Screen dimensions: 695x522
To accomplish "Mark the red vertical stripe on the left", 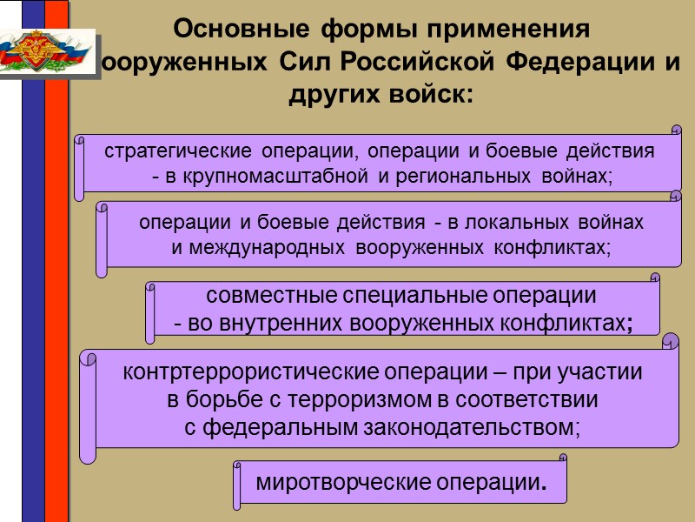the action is click(x=56, y=261).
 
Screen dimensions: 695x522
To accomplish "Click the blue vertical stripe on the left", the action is click(x=33, y=261).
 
